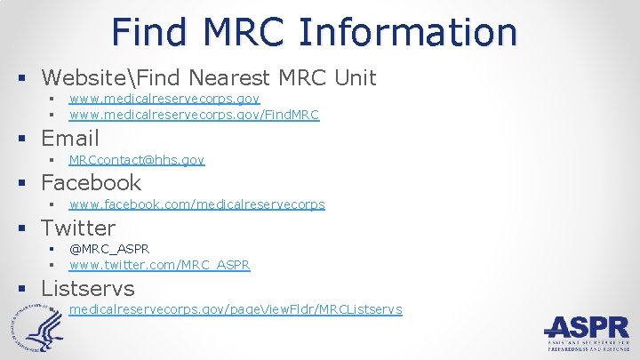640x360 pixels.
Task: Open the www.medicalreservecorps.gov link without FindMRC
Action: (x=164, y=100)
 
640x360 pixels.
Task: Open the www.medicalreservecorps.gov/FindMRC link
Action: (x=194, y=115)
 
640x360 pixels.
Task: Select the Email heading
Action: (x=70, y=138)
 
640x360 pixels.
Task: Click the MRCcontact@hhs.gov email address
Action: (x=137, y=160)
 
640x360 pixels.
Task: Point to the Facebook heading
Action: (x=91, y=182)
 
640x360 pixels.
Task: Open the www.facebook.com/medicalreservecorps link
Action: (x=196, y=204)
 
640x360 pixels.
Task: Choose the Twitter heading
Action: (x=78, y=228)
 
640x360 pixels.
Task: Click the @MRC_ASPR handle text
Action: (x=109, y=249)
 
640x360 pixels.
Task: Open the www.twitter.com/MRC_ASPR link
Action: (x=159, y=265)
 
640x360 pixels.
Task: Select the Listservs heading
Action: (x=88, y=288)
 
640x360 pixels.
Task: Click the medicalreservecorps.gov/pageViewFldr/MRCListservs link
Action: (x=236, y=309)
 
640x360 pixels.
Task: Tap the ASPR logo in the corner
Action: (x=587, y=334)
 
